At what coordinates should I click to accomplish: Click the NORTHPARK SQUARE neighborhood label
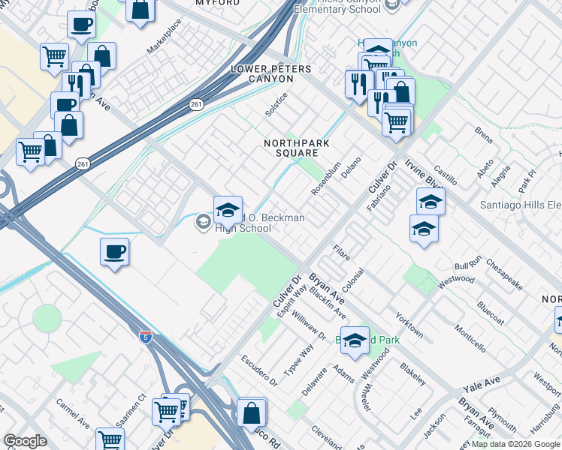point(292,148)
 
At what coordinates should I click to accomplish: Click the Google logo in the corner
point(25,441)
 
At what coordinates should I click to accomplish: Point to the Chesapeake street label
point(503,274)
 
